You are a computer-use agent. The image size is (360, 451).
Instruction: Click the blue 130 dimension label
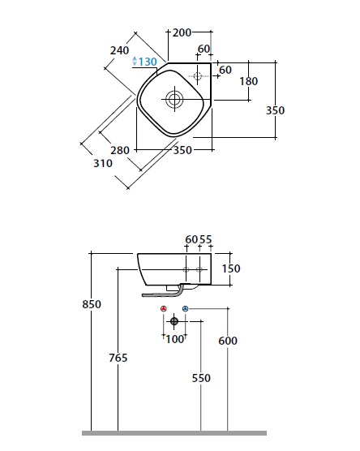[x=148, y=62]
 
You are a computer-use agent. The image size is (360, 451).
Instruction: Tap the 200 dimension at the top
[x=182, y=32]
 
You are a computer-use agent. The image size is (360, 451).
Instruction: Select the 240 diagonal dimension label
[x=119, y=50]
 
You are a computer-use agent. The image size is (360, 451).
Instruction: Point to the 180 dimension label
[x=249, y=81]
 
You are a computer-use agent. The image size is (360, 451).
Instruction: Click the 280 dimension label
[x=120, y=150]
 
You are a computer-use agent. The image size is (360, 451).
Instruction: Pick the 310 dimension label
[x=103, y=163]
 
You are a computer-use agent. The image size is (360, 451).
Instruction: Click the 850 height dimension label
[x=92, y=304]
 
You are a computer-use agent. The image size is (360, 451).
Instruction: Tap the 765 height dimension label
[x=118, y=358]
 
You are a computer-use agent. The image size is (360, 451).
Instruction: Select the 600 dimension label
[x=228, y=341]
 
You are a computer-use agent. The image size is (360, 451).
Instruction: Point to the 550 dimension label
[x=201, y=378]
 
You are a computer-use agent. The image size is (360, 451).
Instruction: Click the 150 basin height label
[x=231, y=268]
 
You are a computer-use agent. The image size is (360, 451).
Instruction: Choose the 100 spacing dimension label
[x=175, y=339]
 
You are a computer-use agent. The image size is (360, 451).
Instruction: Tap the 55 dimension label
[x=206, y=239]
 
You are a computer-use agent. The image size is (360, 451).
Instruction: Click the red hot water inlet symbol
[x=164, y=309]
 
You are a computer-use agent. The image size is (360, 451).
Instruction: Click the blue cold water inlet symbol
[x=186, y=309]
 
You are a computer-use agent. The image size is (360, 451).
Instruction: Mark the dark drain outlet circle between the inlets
[x=174, y=321]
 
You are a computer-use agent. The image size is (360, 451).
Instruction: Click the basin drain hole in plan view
[x=174, y=100]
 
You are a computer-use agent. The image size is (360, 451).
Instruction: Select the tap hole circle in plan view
[x=198, y=76]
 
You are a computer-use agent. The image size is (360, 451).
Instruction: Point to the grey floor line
[x=174, y=433]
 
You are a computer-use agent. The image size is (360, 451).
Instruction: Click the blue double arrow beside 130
[x=135, y=62]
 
